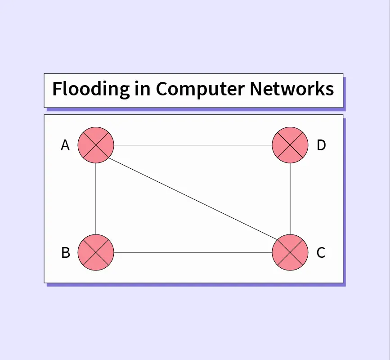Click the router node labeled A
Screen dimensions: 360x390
click(x=96, y=145)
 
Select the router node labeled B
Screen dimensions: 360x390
click(x=96, y=252)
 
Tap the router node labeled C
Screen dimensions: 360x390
click(x=290, y=252)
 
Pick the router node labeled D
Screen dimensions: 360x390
click(x=290, y=145)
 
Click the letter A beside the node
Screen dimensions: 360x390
click(x=65, y=146)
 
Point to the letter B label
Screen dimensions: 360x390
click(x=66, y=253)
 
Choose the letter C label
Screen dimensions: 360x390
click(x=321, y=253)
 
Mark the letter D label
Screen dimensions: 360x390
click(x=321, y=146)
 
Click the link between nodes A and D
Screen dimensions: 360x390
click(x=193, y=145)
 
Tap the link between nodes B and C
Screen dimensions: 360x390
click(x=193, y=252)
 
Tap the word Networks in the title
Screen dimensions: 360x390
click(x=292, y=89)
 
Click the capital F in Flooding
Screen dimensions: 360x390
click(x=57, y=89)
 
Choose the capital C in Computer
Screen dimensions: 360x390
click(x=162, y=89)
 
